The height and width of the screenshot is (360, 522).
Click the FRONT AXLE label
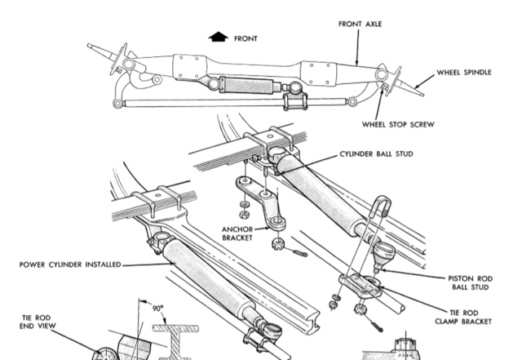pos(360,24)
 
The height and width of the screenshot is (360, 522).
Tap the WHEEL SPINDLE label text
pos(464,72)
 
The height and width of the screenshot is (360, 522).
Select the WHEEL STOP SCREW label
pos(397,125)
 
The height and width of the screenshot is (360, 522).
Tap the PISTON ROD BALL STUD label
pos(469,282)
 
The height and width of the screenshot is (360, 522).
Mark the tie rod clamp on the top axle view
pos(292,103)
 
